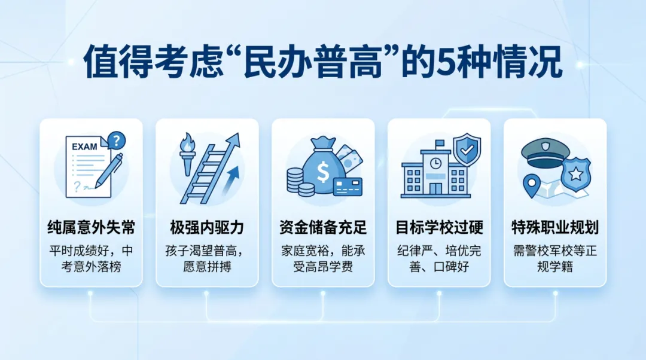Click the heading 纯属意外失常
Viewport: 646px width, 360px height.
point(91,228)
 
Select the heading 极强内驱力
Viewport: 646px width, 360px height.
point(207,228)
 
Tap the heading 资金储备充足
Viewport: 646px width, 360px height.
point(323,228)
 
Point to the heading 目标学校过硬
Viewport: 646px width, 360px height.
point(439,228)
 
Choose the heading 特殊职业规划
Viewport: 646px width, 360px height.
point(555,228)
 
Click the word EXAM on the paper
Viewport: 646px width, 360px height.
point(84,147)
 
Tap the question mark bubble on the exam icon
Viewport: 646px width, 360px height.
point(115,141)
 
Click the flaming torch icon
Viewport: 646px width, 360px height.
point(188,156)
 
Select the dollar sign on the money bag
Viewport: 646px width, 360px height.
point(323,172)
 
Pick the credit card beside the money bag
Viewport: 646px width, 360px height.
point(348,186)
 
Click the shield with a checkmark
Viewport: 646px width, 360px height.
point(467,150)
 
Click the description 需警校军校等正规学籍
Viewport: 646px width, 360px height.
point(555,258)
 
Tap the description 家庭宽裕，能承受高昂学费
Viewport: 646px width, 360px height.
point(323,258)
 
